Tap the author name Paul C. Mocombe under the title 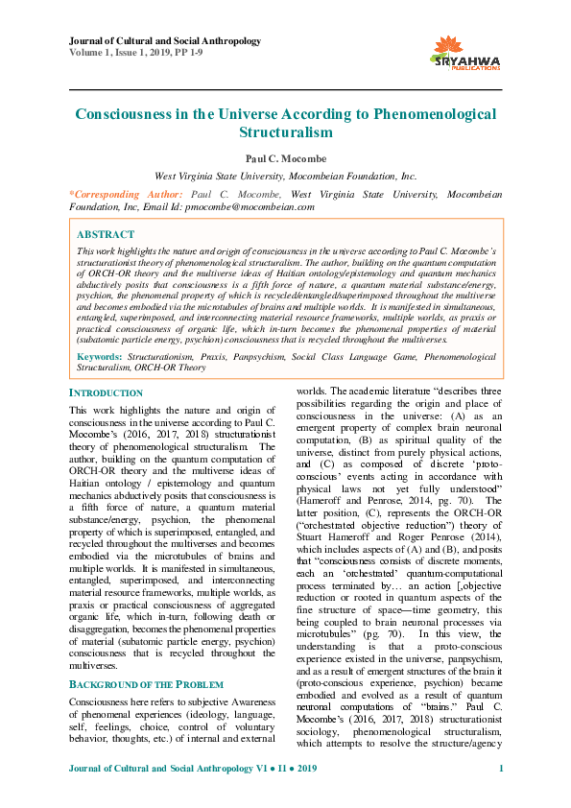coord(285,157)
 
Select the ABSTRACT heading coord(106,234)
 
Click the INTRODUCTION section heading coord(106,393)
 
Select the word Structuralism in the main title coord(285,132)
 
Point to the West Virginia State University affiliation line coord(285,176)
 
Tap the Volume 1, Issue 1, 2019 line coord(144,53)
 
